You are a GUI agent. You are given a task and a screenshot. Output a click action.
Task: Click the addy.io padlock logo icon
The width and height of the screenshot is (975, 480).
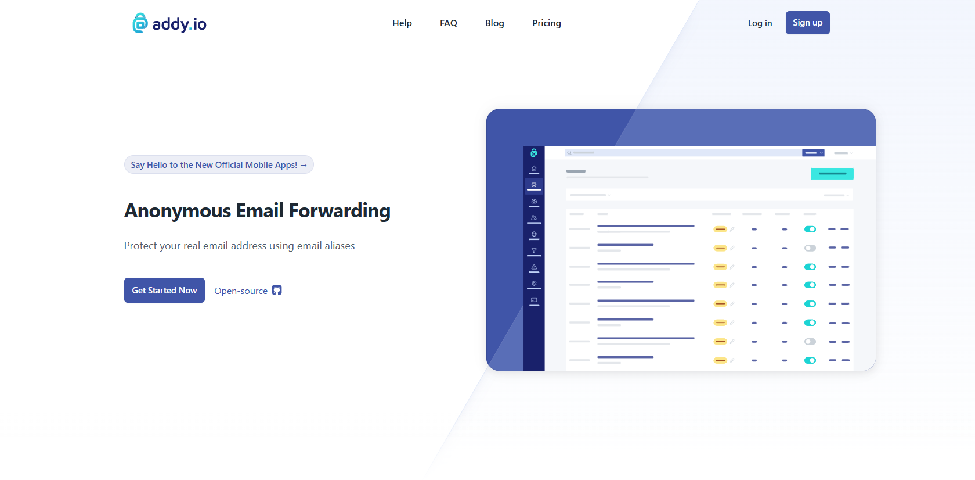(x=140, y=23)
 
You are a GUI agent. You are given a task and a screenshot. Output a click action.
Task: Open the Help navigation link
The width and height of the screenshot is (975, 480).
(x=402, y=23)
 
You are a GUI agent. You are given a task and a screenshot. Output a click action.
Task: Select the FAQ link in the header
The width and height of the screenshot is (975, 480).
(x=448, y=23)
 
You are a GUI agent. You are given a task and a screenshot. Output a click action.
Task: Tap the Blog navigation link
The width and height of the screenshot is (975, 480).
(x=494, y=23)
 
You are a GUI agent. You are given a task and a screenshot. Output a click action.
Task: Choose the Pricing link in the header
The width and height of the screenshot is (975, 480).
(x=546, y=23)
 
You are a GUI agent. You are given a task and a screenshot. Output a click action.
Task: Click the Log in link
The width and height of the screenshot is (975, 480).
(x=760, y=23)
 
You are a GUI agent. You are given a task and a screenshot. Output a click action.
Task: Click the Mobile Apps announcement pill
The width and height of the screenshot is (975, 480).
(x=219, y=165)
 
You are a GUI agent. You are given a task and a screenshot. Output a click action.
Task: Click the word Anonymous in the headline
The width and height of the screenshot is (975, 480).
(x=178, y=211)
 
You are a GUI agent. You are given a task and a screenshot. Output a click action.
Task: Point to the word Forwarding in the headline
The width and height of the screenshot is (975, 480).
(x=340, y=211)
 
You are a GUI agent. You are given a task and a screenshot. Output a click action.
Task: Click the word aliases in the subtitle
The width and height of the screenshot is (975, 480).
(x=340, y=246)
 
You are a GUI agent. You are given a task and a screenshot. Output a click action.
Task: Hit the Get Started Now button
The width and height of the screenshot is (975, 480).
(x=165, y=291)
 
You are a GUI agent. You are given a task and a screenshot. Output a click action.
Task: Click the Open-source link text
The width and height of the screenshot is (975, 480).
(x=241, y=291)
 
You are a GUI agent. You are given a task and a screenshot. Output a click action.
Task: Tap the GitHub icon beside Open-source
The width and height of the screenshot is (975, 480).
(x=277, y=291)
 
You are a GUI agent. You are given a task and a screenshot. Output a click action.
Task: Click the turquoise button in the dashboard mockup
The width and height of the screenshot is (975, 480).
(x=832, y=174)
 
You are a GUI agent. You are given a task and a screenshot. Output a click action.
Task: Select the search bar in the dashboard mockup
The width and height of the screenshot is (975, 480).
(x=684, y=153)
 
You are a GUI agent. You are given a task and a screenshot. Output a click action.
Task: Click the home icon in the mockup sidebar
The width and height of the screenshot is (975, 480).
(x=534, y=169)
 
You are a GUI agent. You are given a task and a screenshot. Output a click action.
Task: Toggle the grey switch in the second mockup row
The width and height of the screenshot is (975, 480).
(x=810, y=248)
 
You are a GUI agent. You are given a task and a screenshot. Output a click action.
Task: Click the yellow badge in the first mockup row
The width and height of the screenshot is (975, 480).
(x=720, y=230)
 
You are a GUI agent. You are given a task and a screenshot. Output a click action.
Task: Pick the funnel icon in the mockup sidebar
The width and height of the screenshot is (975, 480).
(x=534, y=250)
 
